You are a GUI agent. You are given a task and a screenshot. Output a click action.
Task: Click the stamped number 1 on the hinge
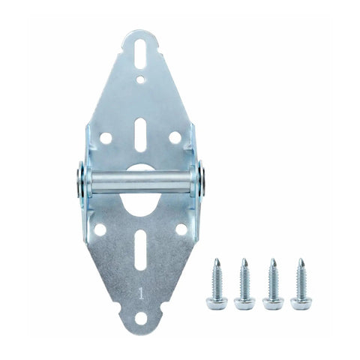[142, 293]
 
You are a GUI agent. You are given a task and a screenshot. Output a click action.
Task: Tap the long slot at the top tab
[141, 54]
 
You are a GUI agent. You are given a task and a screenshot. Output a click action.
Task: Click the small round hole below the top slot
[141, 79]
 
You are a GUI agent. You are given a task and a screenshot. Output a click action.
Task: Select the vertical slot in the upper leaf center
[141, 134]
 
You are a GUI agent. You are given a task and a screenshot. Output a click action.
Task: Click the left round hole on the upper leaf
[106, 138]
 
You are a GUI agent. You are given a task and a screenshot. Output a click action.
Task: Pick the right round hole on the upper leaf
[175, 137]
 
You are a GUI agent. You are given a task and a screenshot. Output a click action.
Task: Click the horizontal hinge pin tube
[141, 182]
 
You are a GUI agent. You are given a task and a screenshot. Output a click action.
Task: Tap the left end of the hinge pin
[79, 183]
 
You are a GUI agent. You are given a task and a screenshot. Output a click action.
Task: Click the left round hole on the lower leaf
[100, 229]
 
